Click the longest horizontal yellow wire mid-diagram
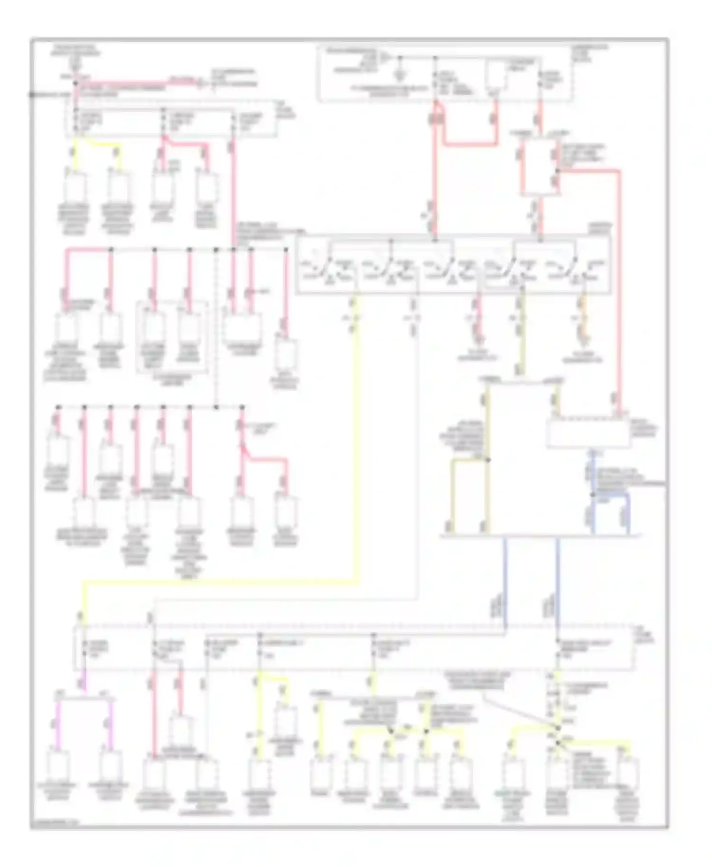coord(218,580)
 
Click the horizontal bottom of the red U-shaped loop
coord(470,143)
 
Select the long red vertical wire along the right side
coord(619,285)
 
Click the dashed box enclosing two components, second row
coord(172,337)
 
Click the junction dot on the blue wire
coord(593,494)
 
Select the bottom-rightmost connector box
coord(628,773)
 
